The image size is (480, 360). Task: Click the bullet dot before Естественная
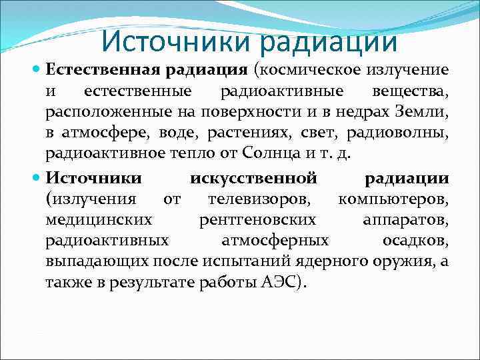pos(37,69)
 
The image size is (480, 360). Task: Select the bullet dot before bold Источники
pos(37,178)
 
